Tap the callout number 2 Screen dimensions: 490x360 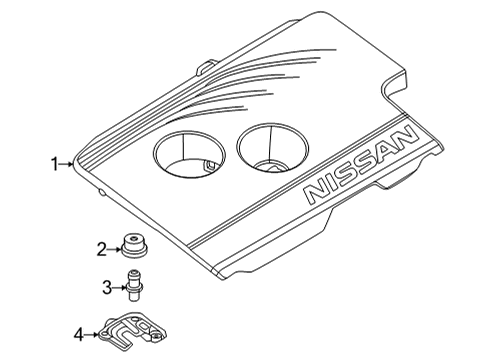(102, 249)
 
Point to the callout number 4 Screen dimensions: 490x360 (79, 333)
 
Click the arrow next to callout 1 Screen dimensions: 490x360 (69, 162)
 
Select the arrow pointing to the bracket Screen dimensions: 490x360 (93, 333)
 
